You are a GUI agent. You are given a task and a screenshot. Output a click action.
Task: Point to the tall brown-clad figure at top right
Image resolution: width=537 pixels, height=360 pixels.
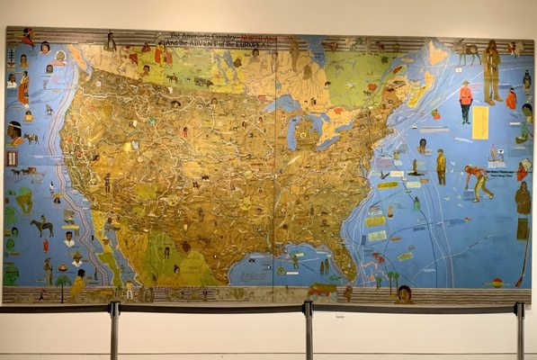tap(490, 72)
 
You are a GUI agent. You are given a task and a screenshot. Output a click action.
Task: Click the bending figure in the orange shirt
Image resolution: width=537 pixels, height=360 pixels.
tap(477, 179)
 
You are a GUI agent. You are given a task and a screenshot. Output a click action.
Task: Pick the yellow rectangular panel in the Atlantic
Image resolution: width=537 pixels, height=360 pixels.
tap(480, 122)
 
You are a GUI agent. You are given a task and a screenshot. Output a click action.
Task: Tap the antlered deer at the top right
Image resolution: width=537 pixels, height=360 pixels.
tap(467, 51)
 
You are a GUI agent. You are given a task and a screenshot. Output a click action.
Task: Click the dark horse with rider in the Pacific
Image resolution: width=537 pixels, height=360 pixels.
tap(41, 226)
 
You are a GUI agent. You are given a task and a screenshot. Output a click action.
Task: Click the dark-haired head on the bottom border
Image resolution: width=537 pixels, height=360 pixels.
tap(404, 293)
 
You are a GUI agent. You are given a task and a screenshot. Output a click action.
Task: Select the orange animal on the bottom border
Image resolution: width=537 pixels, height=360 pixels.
tap(320, 291)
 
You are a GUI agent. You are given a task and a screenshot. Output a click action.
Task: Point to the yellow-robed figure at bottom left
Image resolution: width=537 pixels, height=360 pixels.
tap(78, 284)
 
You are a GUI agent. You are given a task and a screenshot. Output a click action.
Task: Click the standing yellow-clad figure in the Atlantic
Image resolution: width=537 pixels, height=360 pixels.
tap(441, 166)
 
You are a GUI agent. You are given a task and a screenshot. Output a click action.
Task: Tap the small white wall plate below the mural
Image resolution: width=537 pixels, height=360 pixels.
tap(339, 315)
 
